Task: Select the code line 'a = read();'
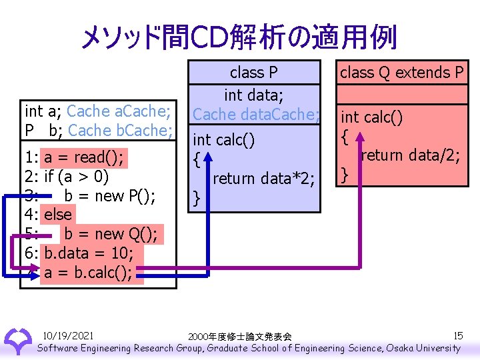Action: (84, 157)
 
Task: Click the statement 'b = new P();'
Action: (110, 196)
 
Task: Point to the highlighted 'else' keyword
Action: (58, 215)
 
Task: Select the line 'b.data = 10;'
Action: (89, 253)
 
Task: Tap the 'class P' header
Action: (253, 73)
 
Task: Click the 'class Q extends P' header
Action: (401, 73)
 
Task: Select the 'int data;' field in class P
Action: (253, 95)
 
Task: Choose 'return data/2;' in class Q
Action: (409, 156)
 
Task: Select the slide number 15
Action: (457, 335)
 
